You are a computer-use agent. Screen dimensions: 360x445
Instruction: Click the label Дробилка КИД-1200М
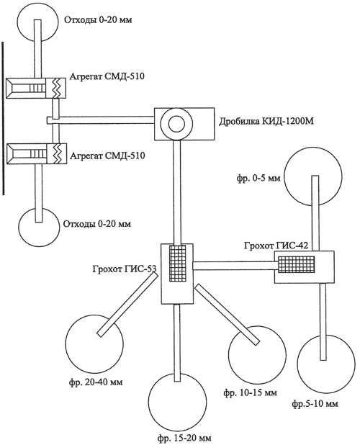[266, 122]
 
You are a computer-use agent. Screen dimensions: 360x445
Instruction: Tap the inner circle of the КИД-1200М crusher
[176, 124]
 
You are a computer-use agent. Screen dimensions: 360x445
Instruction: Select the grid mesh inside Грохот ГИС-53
[178, 264]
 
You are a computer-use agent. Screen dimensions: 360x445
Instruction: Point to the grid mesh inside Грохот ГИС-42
[296, 264]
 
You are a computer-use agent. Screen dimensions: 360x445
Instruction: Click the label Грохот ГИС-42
[276, 246]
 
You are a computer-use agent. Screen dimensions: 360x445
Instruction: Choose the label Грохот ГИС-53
[125, 269]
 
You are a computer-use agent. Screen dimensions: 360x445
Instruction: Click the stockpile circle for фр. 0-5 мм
[313, 176]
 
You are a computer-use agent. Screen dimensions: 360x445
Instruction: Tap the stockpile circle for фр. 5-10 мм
[326, 364]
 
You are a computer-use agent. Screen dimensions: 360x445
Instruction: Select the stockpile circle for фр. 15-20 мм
[178, 403]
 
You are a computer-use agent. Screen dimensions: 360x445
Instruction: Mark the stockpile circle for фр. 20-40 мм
[94, 343]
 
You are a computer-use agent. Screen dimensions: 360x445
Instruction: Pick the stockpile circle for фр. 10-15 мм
[257, 355]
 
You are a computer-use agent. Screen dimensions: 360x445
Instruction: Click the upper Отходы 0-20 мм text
[98, 20]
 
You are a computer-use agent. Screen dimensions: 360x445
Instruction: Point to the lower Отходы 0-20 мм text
[97, 224]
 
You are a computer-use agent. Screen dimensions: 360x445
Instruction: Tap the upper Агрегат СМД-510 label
[107, 76]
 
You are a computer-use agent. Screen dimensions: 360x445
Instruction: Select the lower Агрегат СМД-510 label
[107, 156]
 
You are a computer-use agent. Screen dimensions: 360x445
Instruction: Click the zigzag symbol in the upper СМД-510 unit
[57, 88]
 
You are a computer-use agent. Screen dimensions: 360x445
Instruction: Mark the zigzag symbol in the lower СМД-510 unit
[58, 153]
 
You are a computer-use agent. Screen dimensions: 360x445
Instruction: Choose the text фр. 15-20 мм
[184, 439]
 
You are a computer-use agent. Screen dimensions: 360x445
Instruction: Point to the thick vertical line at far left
[3, 118]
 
